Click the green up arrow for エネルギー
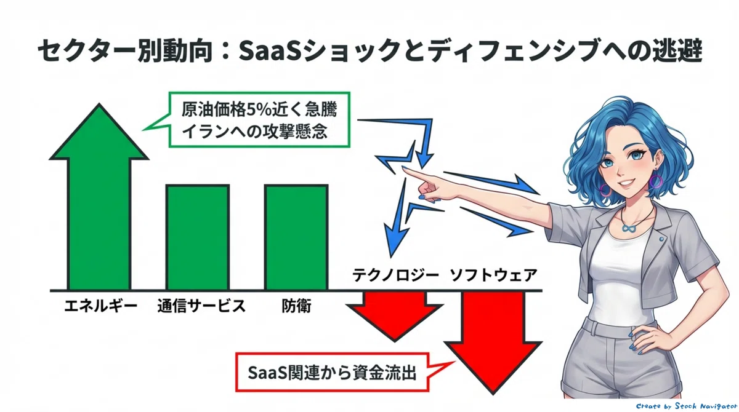(99, 197)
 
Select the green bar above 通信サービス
(198, 237)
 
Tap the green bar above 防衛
(296, 237)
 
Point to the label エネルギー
(100, 306)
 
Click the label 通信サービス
(201, 306)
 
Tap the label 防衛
(296, 306)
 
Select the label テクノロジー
(395, 275)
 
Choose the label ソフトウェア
(493, 275)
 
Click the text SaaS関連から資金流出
(332, 373)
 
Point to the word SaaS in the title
(270, 51)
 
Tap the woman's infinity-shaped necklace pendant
(629, 228)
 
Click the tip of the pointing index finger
(403, 168)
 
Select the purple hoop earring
(656, 181)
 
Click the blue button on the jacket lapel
(661, 239)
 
